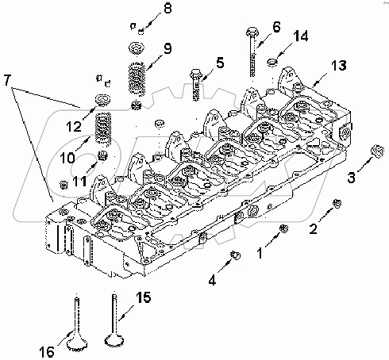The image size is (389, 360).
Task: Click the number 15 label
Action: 143,299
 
